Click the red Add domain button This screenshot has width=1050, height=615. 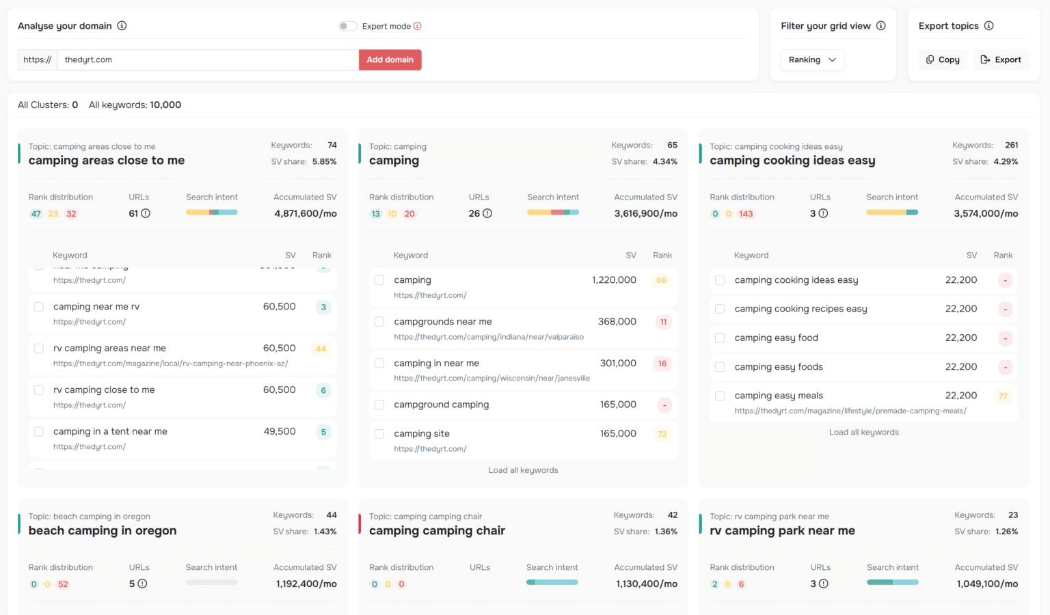tap(390, 60)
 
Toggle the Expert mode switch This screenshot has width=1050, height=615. tap(347, 26)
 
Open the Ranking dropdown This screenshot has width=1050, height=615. tap(812, 60)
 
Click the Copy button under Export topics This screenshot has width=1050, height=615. tap(943, 60)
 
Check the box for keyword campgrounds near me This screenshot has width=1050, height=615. tap(379, 322)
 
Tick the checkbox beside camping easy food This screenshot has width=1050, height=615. tap(720, 338)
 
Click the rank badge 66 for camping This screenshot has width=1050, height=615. tap(661, 280)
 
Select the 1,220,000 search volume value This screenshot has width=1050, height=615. tap(614, 280)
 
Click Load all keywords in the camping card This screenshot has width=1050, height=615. tap(523, 470)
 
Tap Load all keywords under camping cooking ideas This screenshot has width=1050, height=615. tap(863, 433)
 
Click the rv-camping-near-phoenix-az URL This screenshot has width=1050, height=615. tap(171, 364)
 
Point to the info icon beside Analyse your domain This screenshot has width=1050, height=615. tap(122, 26)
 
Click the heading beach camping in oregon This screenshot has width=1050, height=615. tap(103, 531)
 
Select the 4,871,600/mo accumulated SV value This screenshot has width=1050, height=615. tap(306, 214)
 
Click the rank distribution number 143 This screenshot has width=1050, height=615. tap(746, 214)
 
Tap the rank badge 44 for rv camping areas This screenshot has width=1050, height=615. tap(321, 348)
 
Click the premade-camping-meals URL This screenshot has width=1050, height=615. tap(850, 411)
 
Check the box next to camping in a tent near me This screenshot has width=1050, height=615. tap(39, 432)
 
